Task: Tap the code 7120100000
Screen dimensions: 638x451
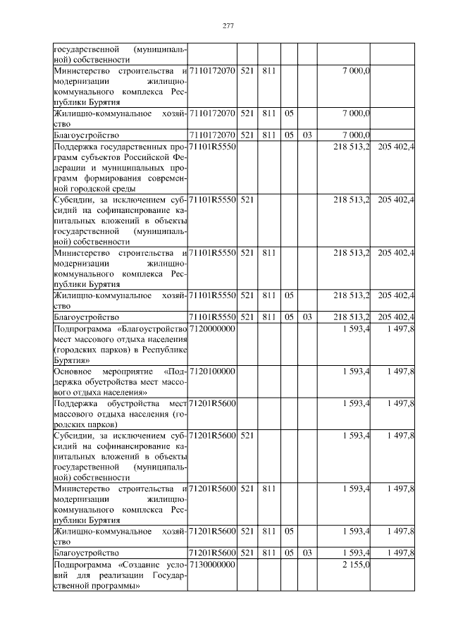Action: pyautogui.click(x=212, y=370)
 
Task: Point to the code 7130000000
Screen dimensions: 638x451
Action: pyautogui.click(x=212, y=565)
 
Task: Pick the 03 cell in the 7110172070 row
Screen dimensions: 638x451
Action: pyautogui.click(x=307, y=133)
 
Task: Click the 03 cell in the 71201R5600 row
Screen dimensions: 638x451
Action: pyautogui.click(x=307, y=552)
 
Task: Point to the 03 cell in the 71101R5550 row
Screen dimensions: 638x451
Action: pyautogui.click(x=307, y=317)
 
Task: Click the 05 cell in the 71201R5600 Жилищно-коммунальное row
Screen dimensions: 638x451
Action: pyautogui.click(x=289, y=531)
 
